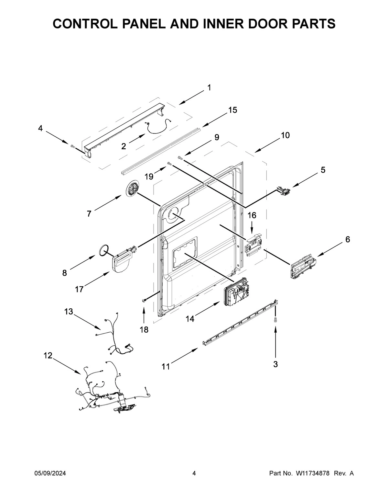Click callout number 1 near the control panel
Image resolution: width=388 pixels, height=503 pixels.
(x=209, y=87)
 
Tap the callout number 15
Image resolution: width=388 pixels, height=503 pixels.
(x=232, y=110)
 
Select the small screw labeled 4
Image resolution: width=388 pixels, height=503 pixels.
(x=72, y=147)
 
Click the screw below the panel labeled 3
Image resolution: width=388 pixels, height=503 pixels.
(x=275, y=320)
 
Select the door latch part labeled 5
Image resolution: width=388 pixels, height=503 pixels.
(x=283, y=192)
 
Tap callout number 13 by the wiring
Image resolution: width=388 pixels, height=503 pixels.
(x=69, y=312)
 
